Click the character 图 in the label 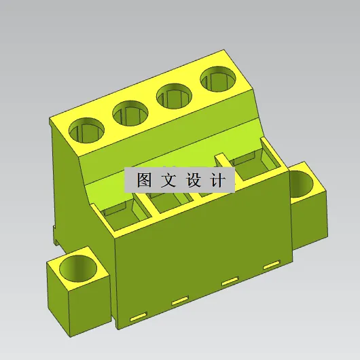tap(143, 181)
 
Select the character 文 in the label tap(168, 181)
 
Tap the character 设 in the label tap(193, 181)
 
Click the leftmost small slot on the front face tap(138, 316)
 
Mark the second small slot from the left tap(179, 300)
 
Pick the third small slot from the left tap(230, 281)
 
